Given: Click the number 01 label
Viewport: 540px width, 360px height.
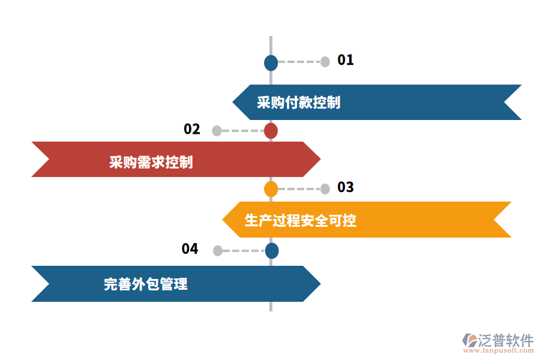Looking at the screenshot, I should point(346,60).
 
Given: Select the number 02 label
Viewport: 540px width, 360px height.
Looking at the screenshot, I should point(192,129).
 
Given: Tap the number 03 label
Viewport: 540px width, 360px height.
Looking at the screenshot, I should point(346,187).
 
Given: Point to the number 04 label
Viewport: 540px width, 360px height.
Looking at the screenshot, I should point(190,248).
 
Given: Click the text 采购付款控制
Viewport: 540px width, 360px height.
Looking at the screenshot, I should point(298,103).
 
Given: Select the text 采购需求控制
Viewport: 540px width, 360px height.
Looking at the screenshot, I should point(151,162).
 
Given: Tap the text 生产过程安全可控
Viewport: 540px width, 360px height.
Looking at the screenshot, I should point(300,220).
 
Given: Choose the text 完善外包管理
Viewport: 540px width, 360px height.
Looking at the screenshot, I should point(146,284).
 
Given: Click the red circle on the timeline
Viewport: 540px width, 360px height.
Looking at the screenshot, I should point(271,131).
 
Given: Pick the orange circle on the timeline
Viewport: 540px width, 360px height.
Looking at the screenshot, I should point(271,189).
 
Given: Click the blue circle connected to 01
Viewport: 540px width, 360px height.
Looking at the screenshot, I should point(271,62).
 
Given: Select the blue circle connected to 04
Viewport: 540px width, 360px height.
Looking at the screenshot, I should point(272,251).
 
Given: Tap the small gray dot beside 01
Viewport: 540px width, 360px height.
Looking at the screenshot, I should point(325,62).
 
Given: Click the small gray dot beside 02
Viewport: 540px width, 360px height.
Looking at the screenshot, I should point(217,131).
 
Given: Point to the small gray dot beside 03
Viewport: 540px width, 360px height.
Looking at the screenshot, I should point(325,189).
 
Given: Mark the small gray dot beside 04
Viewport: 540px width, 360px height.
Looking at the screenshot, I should point(217,251).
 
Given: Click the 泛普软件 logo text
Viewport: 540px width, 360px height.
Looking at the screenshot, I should point(505,341).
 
